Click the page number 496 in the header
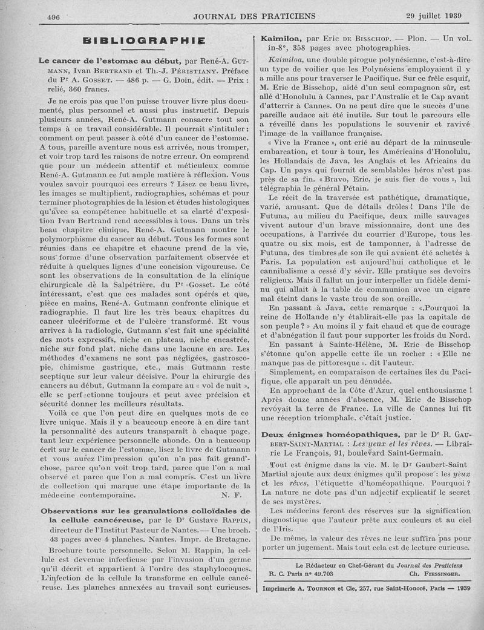tap(53, 17)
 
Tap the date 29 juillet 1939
tap(435, 16)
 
